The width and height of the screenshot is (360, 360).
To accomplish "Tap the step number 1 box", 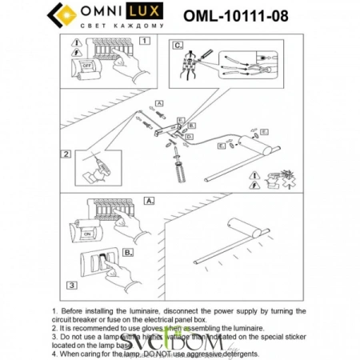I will pos(145,40).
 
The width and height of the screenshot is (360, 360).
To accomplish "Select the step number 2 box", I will pos(66,154).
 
